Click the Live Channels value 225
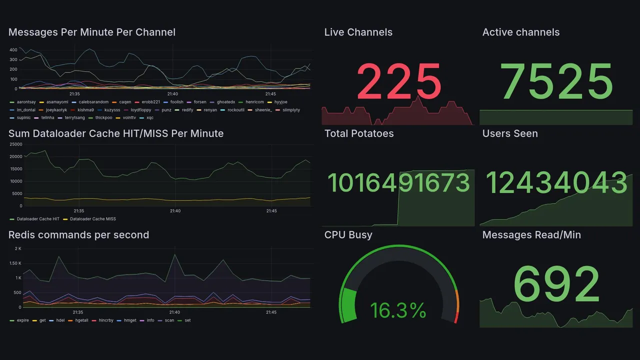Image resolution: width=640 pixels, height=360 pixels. tap(398, 81)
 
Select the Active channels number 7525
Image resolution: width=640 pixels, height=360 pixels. tap(556, 81)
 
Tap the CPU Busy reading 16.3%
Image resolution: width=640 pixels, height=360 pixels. tap(398, 310)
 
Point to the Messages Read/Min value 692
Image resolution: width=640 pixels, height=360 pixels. tap(556, 284)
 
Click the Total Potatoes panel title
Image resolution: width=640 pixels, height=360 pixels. tap(359, 133)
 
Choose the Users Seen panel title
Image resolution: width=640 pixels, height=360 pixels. tap(510, 133)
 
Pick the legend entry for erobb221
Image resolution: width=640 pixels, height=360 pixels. tap(150, 102)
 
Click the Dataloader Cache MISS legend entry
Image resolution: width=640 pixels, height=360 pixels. tap(93, 219)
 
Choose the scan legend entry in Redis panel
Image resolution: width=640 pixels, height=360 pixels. tap(169, 320)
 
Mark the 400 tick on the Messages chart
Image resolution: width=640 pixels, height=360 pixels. tap(13, 50)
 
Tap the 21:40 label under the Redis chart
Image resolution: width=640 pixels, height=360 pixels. tap(174, 312)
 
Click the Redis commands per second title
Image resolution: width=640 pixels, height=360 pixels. tap(78, 235)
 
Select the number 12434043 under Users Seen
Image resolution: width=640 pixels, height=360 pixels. tap(556, 182)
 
